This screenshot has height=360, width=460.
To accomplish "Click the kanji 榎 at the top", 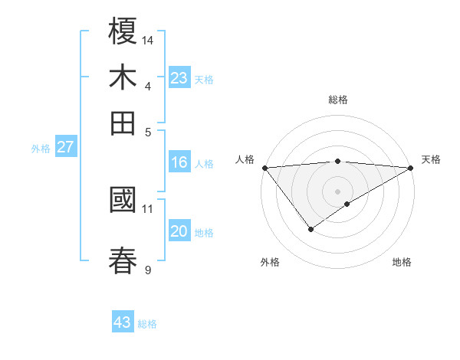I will click(123, 32).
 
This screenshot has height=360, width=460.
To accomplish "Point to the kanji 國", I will click(123, 201).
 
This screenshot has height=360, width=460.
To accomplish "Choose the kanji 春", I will click(123, 260).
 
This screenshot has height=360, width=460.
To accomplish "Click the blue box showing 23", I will click(179, 78).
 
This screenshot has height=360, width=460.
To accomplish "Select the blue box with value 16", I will click(179, 162).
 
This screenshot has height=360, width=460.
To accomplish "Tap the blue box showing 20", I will click(179, 232).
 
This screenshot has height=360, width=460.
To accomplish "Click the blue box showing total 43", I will click(123, 322).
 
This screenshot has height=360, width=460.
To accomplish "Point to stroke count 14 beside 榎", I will click(149, 40).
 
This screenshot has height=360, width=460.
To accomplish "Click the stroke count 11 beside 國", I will click(148, 208).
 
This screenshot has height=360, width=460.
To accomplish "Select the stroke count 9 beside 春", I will click(148, 269).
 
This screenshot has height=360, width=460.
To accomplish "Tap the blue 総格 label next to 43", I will click(147, 324).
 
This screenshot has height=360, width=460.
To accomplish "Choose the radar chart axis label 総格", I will click(337, 100).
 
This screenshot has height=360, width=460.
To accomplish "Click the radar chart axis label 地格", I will click(402, 262).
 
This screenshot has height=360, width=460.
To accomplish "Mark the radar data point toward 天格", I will click(411, 168).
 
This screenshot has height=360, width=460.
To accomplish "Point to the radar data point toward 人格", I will click(264, 168).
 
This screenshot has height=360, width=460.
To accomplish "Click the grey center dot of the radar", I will click(337, 190).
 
